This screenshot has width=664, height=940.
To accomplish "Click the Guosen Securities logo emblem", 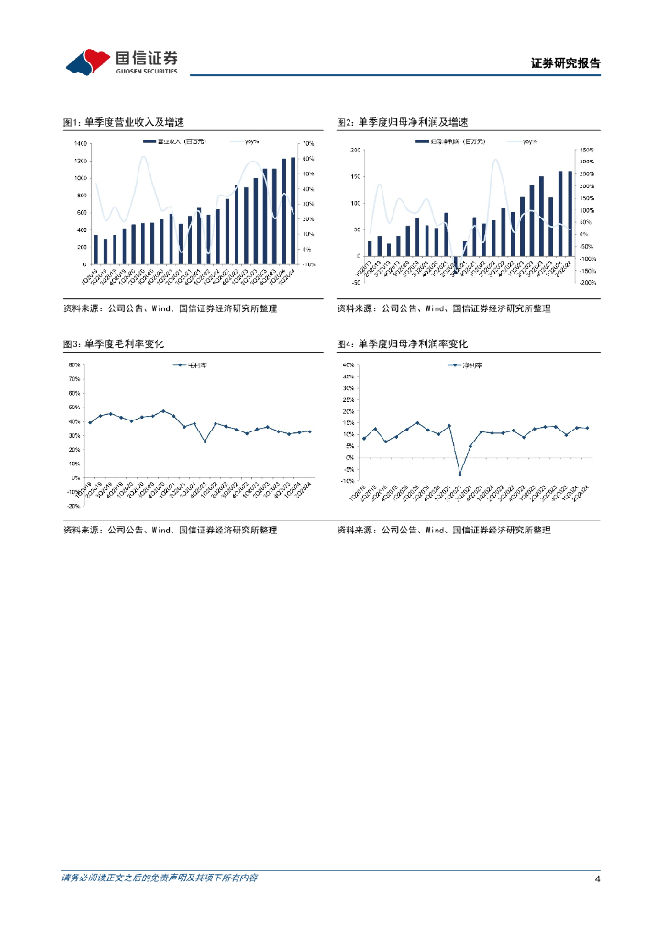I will pos(88,62).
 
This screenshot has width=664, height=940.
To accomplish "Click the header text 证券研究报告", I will pos(565,63).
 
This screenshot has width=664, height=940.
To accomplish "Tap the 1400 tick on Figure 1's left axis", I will pos(80,144).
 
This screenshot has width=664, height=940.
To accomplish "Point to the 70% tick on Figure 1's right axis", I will pos(308,144).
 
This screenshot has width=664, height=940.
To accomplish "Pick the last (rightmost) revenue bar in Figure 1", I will pos(293,210).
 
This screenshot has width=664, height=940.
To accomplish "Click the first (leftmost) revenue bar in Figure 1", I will pos(95,250).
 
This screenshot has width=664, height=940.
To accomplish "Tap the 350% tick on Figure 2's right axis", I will pos(584,150).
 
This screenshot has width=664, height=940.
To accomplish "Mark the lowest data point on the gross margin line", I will pos(205,442).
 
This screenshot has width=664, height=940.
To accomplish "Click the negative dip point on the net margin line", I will pos(459,474).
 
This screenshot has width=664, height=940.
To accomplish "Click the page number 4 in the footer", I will pos(597,879).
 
